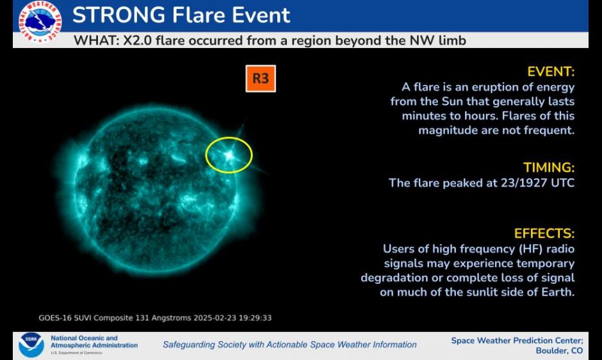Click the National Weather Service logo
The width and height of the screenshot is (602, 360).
[x=40, y=22]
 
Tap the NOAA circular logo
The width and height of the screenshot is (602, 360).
[x=31, y=345]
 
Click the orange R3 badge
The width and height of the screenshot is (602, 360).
[x=261, y=78]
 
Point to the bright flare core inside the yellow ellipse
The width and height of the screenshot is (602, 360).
[x=229, y=155]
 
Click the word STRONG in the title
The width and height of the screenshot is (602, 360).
[x=119, y=15]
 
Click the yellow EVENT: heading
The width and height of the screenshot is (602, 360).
[x=551, y=72]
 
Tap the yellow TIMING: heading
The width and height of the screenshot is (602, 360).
[x=549, y=168]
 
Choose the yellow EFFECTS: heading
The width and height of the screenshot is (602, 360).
[x=544, y=234]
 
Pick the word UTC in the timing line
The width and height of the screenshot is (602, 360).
[x=563, y=183]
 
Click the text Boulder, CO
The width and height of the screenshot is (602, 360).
[x=559, y=351]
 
